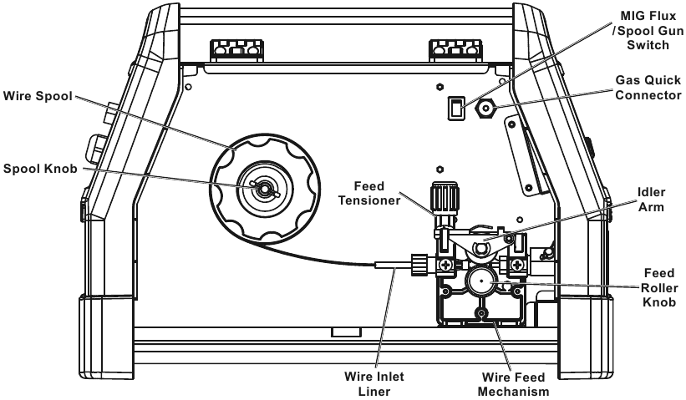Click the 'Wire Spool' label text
[x=38, y=97]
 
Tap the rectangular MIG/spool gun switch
[x=456, y=108]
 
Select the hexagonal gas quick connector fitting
[x=484, y=109]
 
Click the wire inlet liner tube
[x=394, y=265]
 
